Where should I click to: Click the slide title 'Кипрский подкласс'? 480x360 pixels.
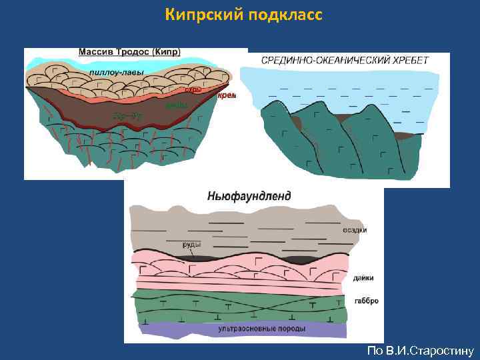[244, 14]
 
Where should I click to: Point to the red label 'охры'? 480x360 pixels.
[193, 89]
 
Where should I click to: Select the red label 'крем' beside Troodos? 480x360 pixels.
[227, 95]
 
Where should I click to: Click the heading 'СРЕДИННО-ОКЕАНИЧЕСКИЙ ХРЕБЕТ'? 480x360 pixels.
[345, 61]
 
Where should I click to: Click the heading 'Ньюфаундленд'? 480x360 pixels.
[249, 197]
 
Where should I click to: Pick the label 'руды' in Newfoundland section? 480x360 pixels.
[192, 244]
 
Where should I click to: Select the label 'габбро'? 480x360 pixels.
[367, 301]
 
